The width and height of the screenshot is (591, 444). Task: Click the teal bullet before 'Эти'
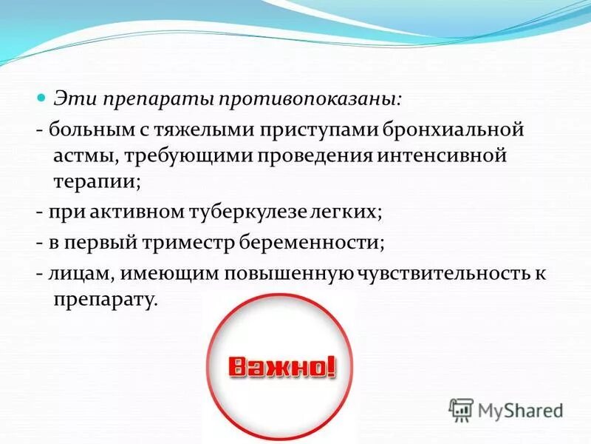pyautogui.click(x=42, y=98)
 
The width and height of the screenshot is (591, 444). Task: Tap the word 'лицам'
pyautogui.click(x=81, y=274)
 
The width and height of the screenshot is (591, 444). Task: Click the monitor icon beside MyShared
pyautogui.click(x=461, y=409)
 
